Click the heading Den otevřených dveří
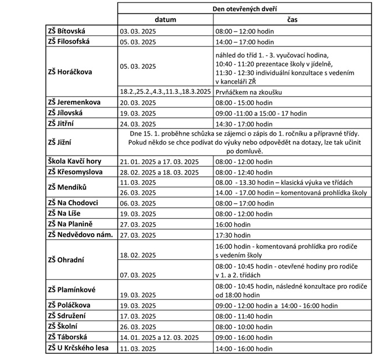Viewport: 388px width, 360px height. tap(244, 9)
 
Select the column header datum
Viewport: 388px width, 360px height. tap(165, 19)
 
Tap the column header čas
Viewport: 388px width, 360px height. tap(292, 19)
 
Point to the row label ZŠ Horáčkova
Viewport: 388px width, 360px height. tap(70, 71)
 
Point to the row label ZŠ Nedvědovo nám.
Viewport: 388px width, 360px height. tap(80, 234)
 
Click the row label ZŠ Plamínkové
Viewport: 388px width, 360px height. tap(73, 290)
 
